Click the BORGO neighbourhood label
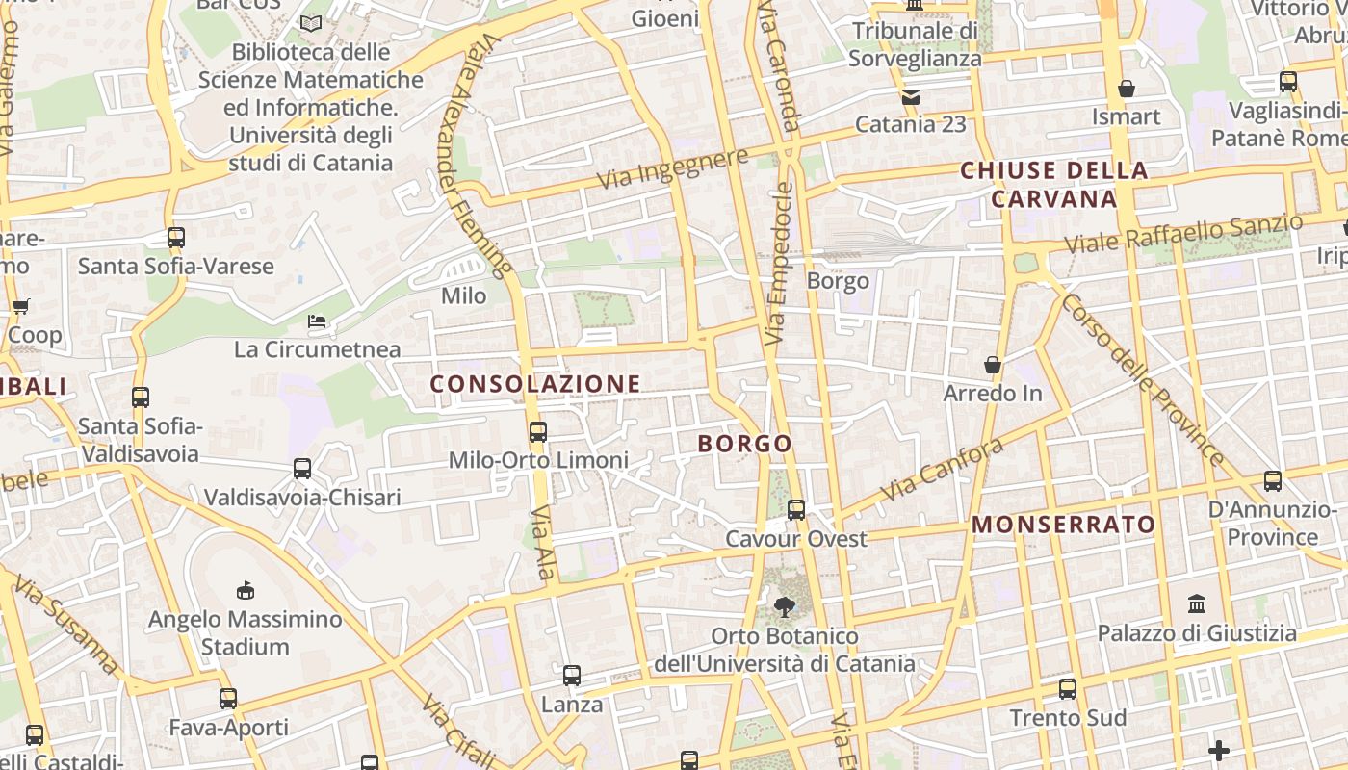744,444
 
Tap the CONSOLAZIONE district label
535,384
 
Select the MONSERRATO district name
1063,525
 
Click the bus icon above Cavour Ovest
796,510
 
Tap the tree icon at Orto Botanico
785,606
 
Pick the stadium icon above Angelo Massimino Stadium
246,590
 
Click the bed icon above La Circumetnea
317,321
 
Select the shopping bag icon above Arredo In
993,365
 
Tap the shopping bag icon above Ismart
1127,89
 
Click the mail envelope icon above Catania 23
911,96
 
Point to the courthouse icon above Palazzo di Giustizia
1197,604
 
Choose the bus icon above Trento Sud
1067,689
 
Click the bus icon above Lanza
572,676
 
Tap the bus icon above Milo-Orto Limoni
538,432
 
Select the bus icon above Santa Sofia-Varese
175,238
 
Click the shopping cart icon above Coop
20,307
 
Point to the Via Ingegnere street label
672,168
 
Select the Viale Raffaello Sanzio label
1183,235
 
